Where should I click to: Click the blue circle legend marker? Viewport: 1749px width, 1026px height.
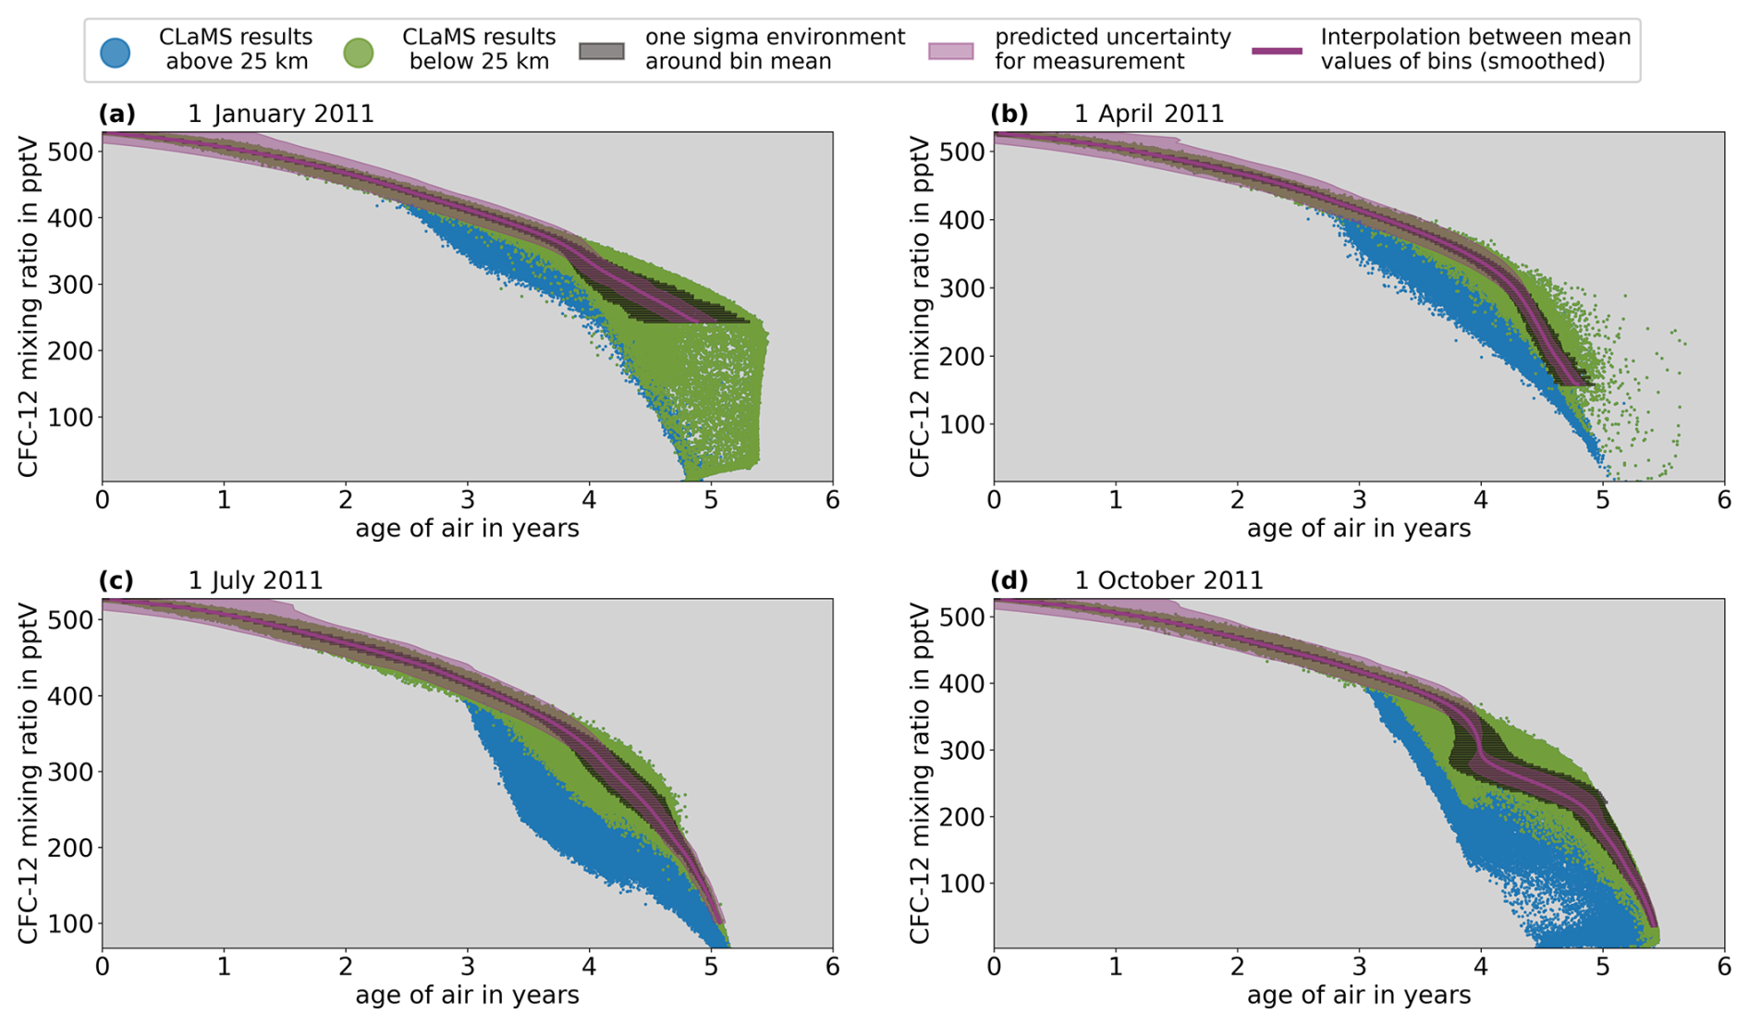(115, 52)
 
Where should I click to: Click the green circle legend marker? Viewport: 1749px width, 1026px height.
(358, 52)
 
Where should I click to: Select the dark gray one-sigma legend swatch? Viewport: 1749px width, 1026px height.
(601, 51)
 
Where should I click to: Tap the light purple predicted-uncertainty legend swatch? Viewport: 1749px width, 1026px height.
(950, 51)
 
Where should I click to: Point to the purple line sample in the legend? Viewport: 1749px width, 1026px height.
(1277, 51)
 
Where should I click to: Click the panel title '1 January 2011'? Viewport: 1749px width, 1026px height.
(281, 114)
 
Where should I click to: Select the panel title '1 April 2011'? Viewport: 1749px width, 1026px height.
(1149, 114)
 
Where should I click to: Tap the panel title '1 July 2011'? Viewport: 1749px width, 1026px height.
(256, 580)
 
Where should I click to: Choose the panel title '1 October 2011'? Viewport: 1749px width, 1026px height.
(1168, 580)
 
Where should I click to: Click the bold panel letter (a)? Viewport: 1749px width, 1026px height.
(117, 114)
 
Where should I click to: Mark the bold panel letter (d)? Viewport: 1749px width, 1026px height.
(1009, 580)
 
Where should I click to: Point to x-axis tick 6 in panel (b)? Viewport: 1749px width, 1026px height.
(1724, 500)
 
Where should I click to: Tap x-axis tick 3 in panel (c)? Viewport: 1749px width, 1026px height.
(467, 967)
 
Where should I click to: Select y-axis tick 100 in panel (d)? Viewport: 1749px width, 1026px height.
(962, 884)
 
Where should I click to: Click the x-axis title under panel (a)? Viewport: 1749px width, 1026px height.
(467, 529)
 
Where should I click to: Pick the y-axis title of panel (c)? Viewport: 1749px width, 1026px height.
(28, 773)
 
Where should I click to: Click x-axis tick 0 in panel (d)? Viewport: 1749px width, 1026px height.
(994, 967)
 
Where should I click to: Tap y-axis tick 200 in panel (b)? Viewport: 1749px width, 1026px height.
(962, 356)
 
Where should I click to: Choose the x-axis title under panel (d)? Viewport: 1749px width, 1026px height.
(1358, 995)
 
